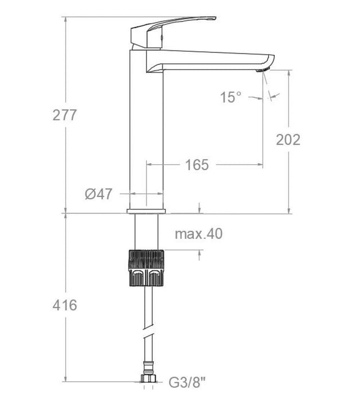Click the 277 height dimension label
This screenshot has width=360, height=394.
[64, 115]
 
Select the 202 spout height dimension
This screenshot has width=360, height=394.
[288, 140]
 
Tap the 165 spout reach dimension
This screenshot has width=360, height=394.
[197, 165]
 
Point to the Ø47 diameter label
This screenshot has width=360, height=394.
[99, 195]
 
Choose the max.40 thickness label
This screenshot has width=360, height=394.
[198, 234]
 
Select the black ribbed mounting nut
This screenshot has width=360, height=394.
[146, 268]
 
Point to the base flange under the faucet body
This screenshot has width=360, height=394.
[146, 212]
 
